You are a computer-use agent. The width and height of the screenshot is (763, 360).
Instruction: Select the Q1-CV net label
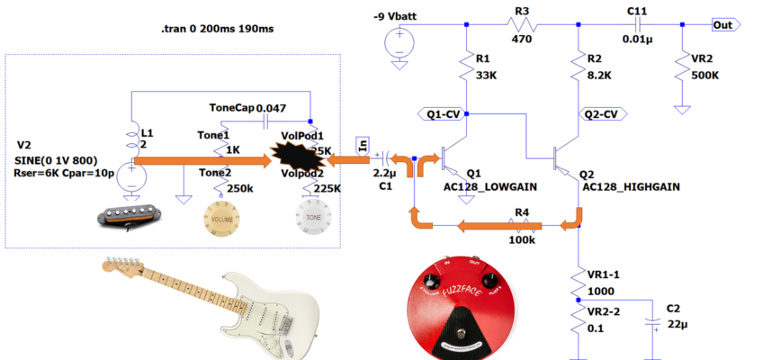pos(444,114)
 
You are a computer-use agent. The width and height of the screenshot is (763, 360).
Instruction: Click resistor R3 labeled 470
pos(522,25)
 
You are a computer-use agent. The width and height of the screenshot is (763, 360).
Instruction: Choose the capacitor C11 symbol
pos(638,25)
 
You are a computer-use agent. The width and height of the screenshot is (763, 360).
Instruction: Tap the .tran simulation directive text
pos(216,29)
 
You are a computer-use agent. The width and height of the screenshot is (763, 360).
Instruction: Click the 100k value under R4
pos(521,241)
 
